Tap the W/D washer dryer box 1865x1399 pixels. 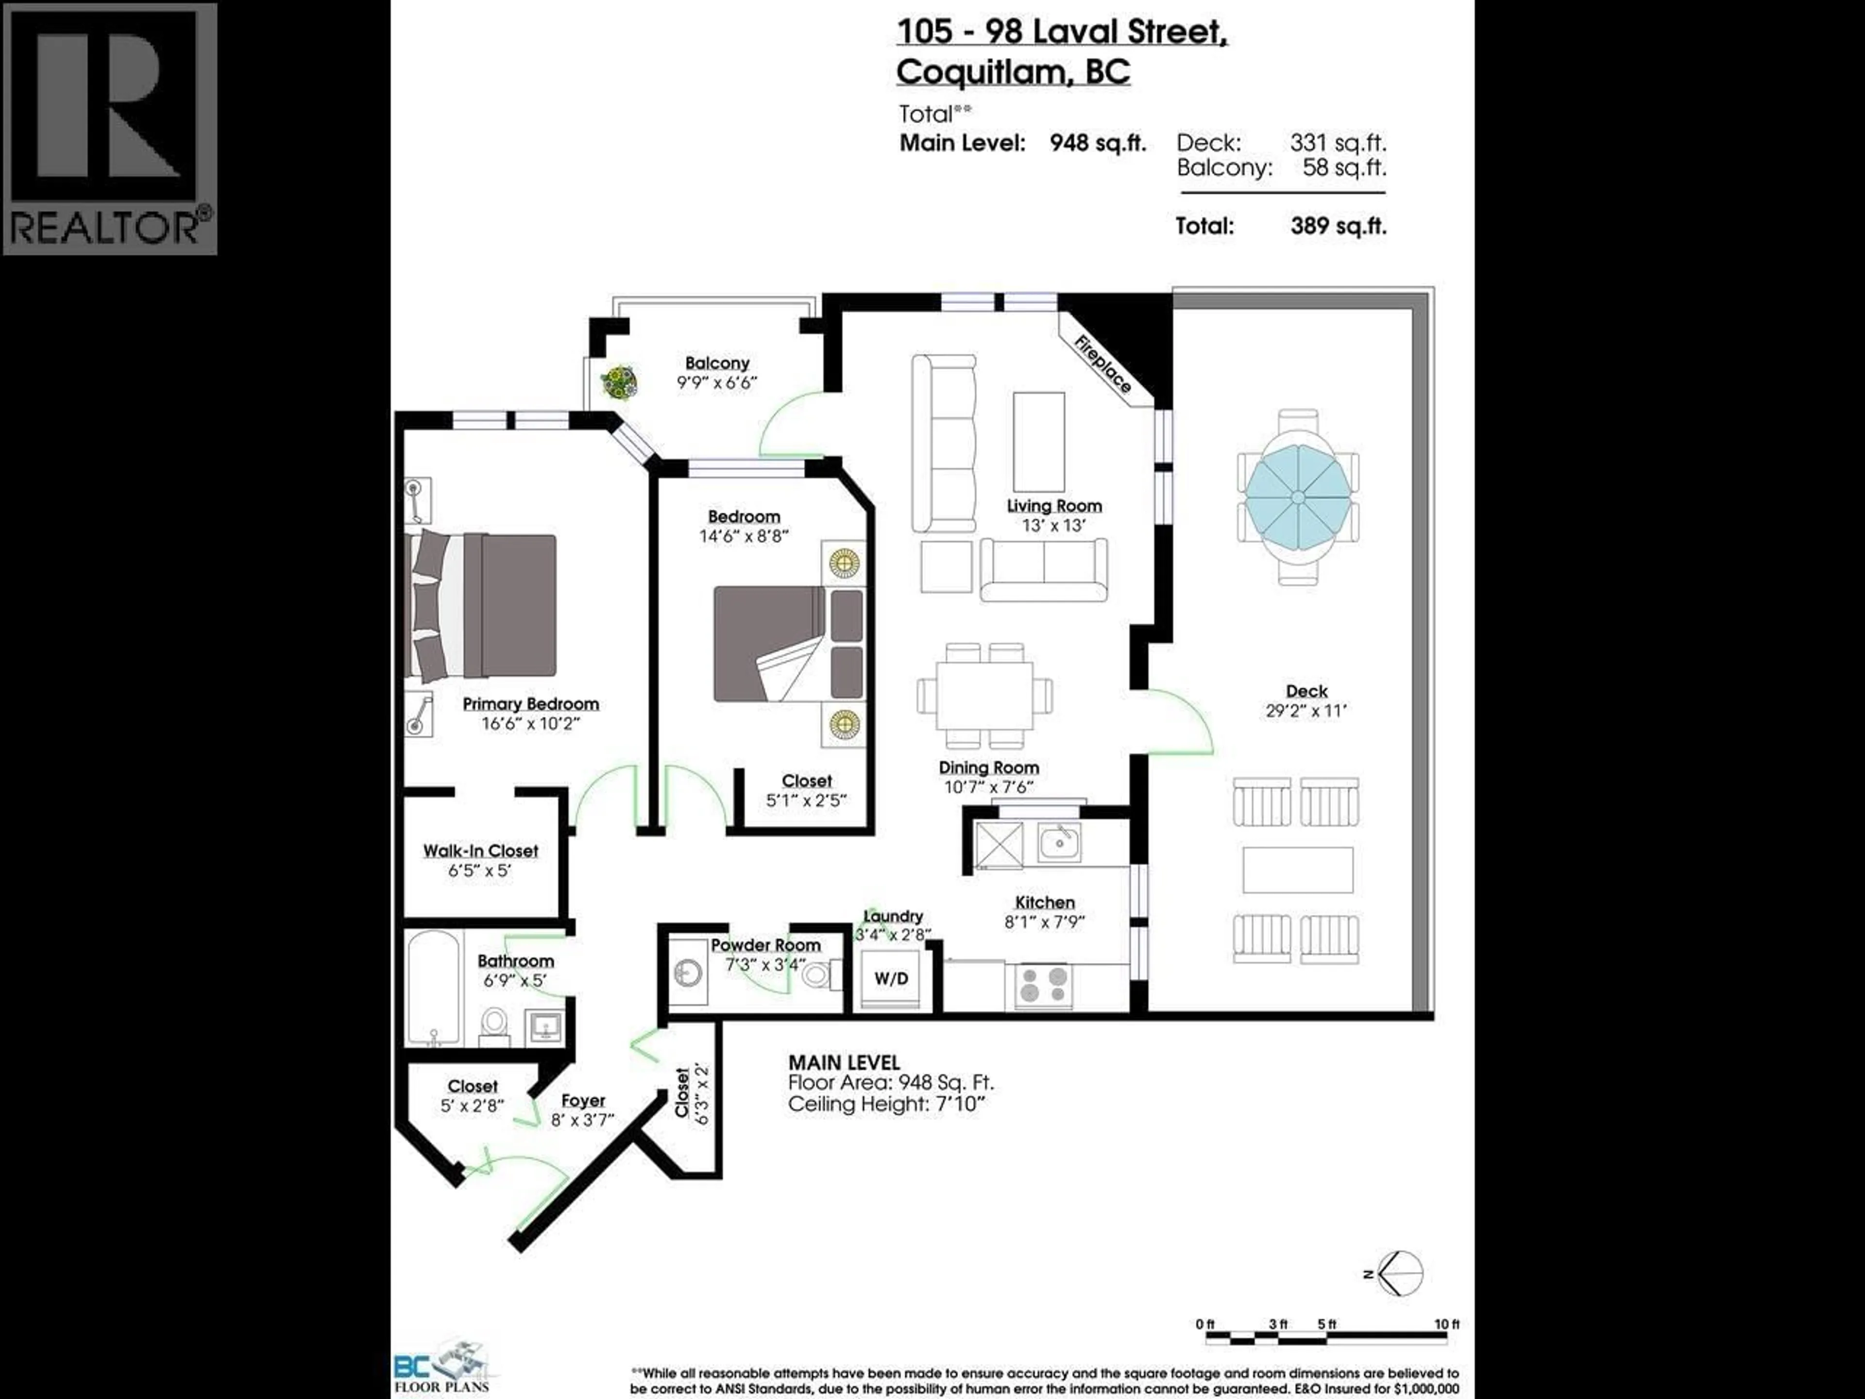click(891, 978)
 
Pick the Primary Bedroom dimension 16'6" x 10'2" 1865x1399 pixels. click(530, 723)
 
